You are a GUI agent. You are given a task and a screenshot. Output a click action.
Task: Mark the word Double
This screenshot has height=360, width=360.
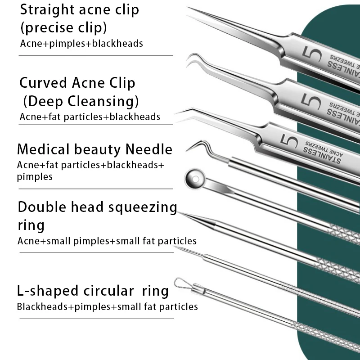(43, 207)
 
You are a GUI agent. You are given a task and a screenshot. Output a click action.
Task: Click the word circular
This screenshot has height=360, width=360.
(108, 291)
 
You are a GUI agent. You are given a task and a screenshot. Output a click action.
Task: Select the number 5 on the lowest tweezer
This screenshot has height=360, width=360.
(285, 141)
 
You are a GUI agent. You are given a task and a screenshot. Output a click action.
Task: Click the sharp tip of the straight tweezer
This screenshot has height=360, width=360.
(189, 9)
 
